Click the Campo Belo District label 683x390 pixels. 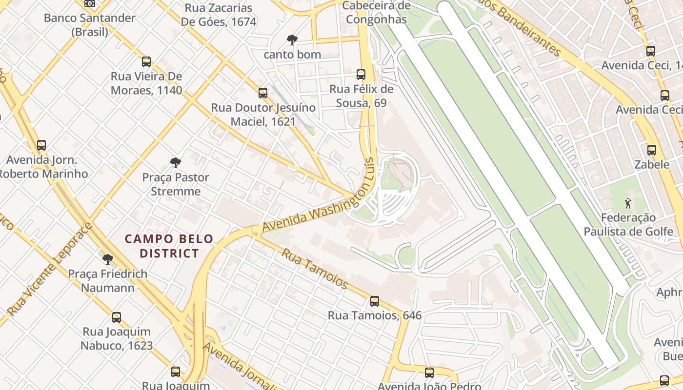click(169, 246)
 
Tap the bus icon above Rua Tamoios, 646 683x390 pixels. click(374, 301)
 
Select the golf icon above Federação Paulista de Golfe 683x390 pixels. click(628, 202)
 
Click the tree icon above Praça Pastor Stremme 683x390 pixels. click(176, 162)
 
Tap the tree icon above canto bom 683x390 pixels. click(292, 39)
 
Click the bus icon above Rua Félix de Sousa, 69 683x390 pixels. click(361, 75)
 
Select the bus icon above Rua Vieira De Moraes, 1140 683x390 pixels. click(146, 62)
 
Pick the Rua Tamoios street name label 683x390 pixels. click(315, 269)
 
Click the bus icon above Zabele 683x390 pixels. click(652, 150)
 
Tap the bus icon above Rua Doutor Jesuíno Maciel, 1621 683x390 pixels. click(263, 93)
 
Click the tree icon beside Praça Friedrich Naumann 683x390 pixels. click(108, 259)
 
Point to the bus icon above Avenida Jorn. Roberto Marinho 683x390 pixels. click(41, 145)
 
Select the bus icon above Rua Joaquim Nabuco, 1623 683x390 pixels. click(117, 317)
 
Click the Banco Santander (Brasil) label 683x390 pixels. click(90, 25)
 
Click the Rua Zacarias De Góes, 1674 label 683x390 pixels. click(219, 15)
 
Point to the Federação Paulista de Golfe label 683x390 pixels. click(628, 224)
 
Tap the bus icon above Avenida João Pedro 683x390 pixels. click(429, 373)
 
